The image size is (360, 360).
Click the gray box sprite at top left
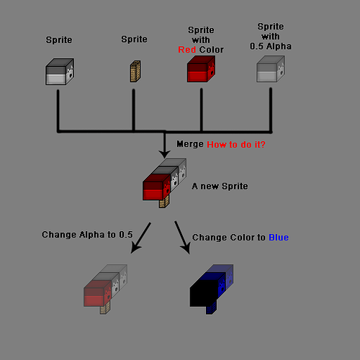click(x=60, y=73)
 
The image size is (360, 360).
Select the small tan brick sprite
click(x=134, y=72)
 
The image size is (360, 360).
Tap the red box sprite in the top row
click(x=201, y=71)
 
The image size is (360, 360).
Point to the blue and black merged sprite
click(x=212, y=287)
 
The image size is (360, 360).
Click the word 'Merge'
click(x=189, y=144)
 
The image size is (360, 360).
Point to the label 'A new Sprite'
click(x=220, y=186)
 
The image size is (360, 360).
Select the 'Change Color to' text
click(x=229, y=237)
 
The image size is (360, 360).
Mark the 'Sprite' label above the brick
click(x=134, y=40)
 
